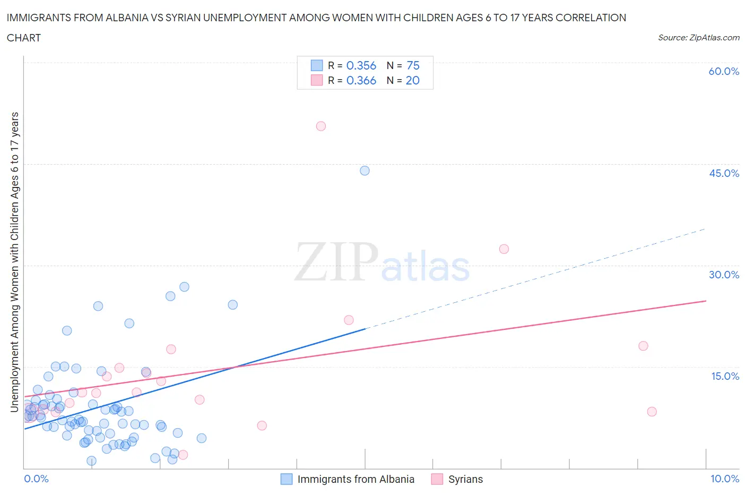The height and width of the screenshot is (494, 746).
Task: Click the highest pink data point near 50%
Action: tap(320, 126)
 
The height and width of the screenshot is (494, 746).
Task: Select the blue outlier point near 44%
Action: tap(365, 171)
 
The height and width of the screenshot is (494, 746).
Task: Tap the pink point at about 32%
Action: tap(504, 249)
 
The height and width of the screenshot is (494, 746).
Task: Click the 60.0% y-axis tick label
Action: tap(724, 71)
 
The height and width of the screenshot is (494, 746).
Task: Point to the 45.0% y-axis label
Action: tap(724, 173)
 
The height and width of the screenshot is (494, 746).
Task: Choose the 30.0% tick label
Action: tap(724, 275)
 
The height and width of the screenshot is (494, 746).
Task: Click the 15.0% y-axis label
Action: tap(725, 376)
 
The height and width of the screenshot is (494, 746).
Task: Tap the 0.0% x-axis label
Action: tap(36, 479)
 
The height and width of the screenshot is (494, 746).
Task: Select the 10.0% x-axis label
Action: tap(725, 479)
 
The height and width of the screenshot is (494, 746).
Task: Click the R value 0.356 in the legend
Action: tap(361, 65)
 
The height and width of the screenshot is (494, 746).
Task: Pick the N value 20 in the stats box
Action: tap(412, 80)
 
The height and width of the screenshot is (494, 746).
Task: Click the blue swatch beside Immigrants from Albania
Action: tap(287, 479)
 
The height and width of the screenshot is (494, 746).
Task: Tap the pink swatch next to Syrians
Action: tap(437, 479)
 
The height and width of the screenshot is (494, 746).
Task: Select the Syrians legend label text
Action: tap(465, 479)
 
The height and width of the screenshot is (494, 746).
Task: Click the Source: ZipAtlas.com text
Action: tap(698, 37)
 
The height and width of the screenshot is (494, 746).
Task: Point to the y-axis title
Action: tap(14, 262)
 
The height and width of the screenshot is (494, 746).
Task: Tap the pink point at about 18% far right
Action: tap(643, 346)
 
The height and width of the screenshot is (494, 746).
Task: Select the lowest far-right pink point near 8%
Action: tap(652, 412)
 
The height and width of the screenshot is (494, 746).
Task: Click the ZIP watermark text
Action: tap(336, 262)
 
